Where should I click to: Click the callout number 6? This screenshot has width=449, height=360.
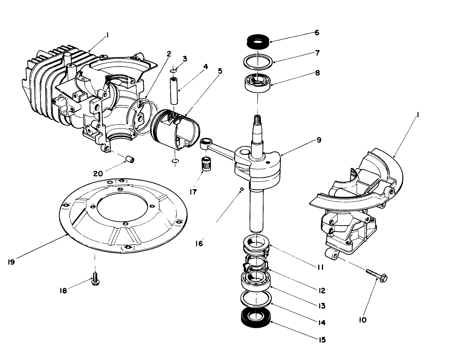pyautogui.click(x=317, y=33)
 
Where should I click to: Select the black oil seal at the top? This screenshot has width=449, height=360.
pyautogui.click(x=257, y=40)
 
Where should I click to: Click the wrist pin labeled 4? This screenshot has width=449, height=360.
pyautogui.click(x=174, y=91)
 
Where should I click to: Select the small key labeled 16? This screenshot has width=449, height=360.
pyautogui.click(x=242, y=189)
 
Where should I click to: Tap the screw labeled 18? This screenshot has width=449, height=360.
pyautogui.click(x=94, y=279)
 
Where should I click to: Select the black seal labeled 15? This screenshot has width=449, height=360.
pyautogui.click(x=256, y=317)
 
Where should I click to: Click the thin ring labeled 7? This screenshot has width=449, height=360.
pyautogui.click(x=257, y=61)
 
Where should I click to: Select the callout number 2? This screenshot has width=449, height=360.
pyautogui.click(x=169, y=54)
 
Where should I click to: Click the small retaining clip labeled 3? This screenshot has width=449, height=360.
pyautogui.click(x=175, y=71)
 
